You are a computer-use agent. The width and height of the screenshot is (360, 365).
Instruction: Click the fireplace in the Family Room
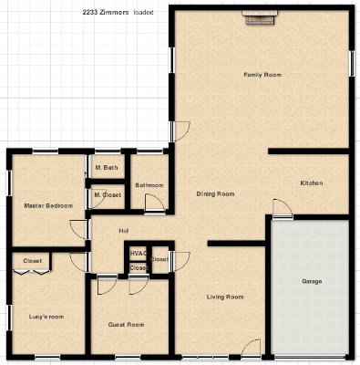(260, 17)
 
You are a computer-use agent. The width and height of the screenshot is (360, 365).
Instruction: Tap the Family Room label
(262, 75)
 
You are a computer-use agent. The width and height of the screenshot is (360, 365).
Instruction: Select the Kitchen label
(312, 183)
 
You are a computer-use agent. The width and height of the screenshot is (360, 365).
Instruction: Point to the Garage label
(312, 281)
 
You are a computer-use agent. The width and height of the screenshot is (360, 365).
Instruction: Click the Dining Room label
(215, 193)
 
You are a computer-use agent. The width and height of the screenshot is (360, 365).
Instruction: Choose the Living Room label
(225, 297)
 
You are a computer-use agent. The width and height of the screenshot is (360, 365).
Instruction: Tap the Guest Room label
(126, 325)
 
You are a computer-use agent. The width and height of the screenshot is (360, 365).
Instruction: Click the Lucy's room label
(46, 317)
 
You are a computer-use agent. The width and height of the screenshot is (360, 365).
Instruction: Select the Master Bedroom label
(48, 205)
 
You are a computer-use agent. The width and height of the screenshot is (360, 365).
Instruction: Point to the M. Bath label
(107, 168)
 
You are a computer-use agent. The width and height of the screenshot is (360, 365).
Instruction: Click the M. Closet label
(108, 195)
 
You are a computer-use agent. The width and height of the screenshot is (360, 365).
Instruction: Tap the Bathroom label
(149, 185)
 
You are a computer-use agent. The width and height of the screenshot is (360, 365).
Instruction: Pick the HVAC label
(139, 254)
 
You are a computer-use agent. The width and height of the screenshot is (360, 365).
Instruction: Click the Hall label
(124, 231)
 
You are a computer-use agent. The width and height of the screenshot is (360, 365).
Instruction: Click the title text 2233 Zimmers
(106, 12)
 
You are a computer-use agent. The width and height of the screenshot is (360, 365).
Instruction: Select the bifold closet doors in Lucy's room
(32, 272)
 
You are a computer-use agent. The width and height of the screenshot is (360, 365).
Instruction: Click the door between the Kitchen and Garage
(283, 209)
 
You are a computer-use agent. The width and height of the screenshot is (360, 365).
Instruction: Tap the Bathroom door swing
(155, 203)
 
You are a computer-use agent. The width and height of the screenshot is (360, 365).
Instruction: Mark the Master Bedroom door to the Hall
(79, 229)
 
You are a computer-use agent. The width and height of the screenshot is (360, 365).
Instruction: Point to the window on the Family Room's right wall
(352, 64)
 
